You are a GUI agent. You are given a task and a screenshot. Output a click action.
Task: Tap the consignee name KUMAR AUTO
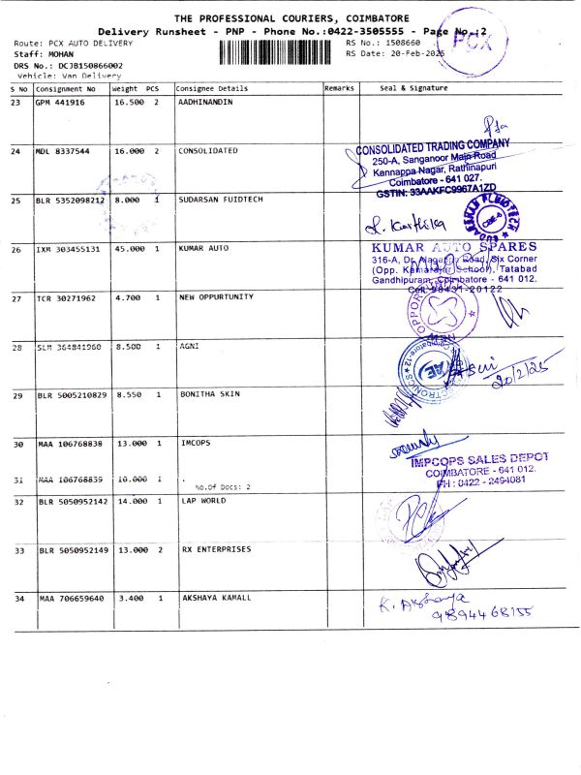(203, 249)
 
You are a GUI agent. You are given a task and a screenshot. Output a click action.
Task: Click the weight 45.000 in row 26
(129, 249)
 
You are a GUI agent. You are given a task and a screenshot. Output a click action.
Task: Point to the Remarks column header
(340, 87)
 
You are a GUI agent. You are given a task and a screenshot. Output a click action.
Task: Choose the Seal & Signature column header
(414, 87)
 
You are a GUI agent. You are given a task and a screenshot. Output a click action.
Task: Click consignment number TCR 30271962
(69, 298)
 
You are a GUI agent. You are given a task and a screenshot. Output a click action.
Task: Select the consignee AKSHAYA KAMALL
(216, 599)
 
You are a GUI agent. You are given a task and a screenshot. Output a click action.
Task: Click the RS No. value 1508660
(402, 44)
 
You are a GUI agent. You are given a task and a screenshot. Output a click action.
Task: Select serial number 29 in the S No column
(16, 396)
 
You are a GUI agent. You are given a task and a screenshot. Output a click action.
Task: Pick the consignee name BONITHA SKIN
(209, 395)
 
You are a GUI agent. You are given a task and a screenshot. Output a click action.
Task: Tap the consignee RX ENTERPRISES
(216, 549)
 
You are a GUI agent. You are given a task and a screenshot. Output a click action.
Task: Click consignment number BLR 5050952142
(73, 502)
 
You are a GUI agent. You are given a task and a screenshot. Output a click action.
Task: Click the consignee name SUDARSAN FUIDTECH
(221, 201)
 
